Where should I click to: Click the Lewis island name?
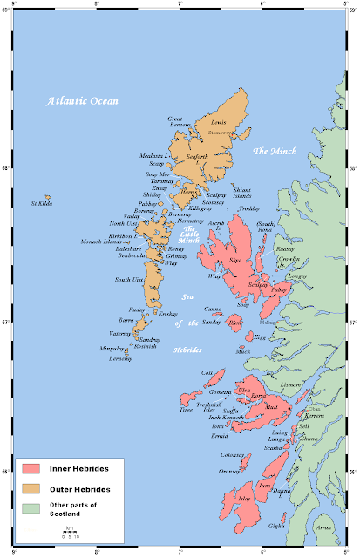click(219, 123)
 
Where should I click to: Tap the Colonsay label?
click(233, 454)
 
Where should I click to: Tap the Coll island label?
click(207, 372)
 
